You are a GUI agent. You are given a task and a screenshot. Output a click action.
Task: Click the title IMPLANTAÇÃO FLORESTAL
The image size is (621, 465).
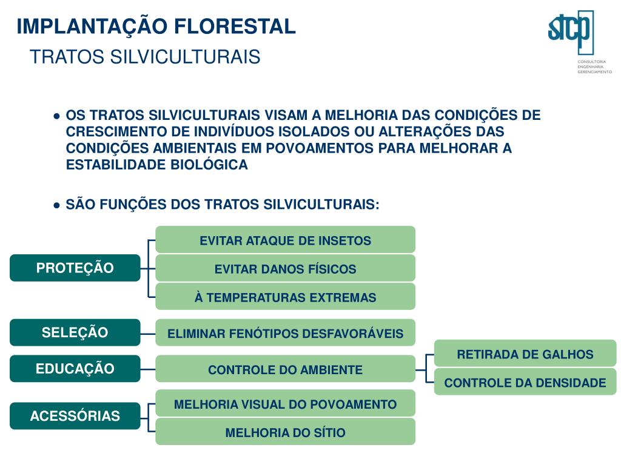pos(156,27)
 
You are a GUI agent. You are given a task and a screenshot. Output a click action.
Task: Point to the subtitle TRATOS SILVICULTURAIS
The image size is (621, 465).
pos(145,57)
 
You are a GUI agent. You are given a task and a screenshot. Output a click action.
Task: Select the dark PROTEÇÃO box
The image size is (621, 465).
pos(75,268)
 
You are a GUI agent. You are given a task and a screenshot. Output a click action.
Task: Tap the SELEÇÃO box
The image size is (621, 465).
pos(75,332)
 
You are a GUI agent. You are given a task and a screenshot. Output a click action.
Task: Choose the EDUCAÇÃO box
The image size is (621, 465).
pos(75,369)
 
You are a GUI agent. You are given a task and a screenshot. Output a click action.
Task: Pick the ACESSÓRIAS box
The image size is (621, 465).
pos(75,416)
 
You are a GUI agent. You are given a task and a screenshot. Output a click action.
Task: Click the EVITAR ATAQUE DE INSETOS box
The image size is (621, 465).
pos(285,240)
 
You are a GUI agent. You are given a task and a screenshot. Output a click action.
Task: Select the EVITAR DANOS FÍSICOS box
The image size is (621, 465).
pos(285,268)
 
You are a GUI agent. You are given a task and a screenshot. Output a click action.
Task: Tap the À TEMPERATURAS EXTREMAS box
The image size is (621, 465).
pos(285,297)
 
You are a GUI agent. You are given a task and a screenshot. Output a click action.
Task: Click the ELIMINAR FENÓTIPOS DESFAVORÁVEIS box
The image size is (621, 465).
pos(285,333)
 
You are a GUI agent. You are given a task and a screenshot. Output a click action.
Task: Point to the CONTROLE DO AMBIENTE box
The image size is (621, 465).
pos(285,369)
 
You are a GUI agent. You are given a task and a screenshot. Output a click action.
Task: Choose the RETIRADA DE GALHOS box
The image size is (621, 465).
pos(525,354)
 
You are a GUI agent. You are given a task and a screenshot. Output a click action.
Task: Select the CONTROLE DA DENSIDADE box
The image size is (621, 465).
pos(525,382)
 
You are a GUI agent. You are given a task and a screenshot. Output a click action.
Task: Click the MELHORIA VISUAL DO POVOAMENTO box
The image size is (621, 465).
pos(285,404)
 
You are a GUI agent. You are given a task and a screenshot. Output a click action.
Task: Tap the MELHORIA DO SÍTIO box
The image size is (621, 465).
pos(285,432)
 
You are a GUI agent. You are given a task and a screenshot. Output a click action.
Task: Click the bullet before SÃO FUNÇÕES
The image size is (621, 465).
pos(56,205)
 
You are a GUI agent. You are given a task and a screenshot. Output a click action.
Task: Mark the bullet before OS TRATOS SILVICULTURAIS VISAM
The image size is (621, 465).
pos(56,116)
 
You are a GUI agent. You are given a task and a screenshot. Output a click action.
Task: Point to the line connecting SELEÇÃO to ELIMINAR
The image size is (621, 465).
pos(148,333)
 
